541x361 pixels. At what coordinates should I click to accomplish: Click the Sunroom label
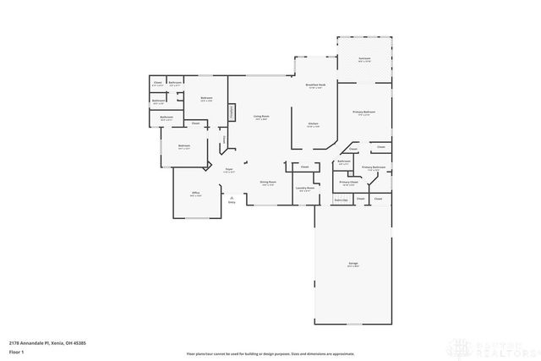[x=364, y=59]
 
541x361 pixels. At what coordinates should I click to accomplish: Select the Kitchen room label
[x=312, y=123]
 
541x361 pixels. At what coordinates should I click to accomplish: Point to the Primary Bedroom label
[x=364, y=112]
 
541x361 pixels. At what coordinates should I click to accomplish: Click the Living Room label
[x=262, y=118]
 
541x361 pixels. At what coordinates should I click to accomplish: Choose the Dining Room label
[x=266, y=183]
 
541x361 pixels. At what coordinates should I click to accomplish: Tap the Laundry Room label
[x=304, y=189]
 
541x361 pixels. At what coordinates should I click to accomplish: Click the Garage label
[x=352, y=265]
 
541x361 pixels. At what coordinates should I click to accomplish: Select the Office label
[x=195, y=194]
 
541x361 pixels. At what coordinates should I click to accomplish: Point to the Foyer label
[x=228, y=170]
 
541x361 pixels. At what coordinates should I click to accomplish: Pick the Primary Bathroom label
[x=374, y=167]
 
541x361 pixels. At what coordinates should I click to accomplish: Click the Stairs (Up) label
[x=342, y=200]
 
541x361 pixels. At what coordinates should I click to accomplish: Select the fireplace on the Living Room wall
[x=230, y=113]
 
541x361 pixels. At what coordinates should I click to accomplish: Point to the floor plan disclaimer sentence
[x=270, y=351]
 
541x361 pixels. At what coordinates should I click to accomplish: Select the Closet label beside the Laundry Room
[x=304, y=167]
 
